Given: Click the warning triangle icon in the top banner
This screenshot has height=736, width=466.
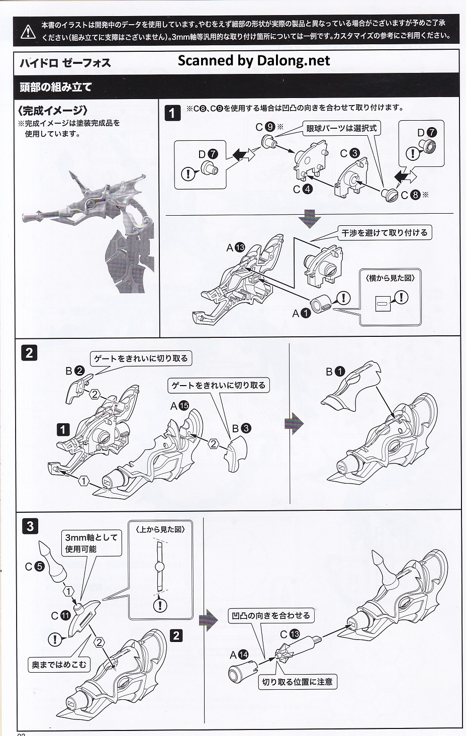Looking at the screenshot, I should [29, 31].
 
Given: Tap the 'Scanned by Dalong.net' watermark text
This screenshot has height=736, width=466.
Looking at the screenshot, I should [254, 61].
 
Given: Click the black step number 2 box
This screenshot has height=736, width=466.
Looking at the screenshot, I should [29, 352].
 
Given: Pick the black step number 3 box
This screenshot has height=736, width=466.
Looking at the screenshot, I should [30, 526].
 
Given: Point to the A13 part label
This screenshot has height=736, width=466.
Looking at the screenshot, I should [235, 247].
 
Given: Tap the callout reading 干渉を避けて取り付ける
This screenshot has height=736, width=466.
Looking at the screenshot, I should [385, 233].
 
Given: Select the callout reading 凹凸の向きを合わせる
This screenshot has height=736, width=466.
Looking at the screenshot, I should [271, 615].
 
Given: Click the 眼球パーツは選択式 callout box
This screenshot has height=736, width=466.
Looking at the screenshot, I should [341, 128].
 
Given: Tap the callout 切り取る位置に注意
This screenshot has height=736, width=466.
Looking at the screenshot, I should [297, 682].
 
